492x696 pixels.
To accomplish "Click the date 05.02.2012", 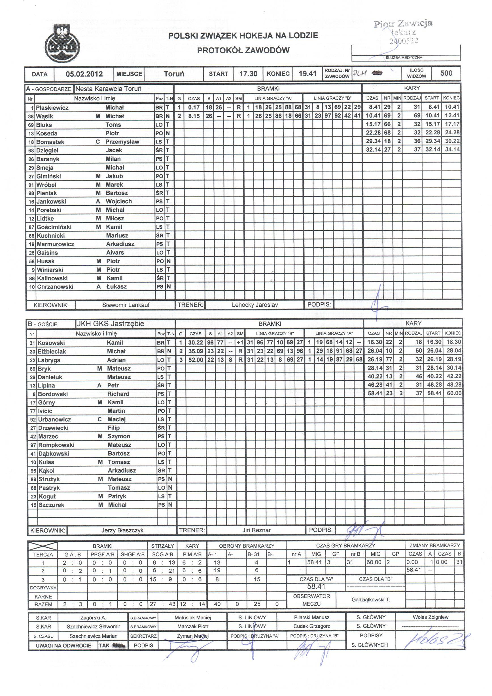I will [84, 74].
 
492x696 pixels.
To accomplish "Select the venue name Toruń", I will [174, 74].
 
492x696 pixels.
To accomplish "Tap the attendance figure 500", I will [446, 73].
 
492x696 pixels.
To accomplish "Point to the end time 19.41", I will [307, 74].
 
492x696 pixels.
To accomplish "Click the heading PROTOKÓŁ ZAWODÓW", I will [243, 50].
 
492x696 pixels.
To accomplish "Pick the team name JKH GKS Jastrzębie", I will [110, 323].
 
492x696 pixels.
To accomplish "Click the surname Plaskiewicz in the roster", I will [52, 108].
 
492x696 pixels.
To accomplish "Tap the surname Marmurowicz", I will [56, 244].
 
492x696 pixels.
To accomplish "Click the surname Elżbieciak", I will [52, 352].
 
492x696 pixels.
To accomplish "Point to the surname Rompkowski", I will [56, 445].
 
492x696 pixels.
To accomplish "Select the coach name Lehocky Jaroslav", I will [255, 305].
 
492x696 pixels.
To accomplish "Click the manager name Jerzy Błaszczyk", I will [122, 530].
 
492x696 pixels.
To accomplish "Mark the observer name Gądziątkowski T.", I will [371, 600].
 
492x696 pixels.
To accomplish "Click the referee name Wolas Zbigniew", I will [430, 617].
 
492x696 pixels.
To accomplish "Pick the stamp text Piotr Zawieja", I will [403, 24].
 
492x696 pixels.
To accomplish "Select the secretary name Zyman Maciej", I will [193, 636].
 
